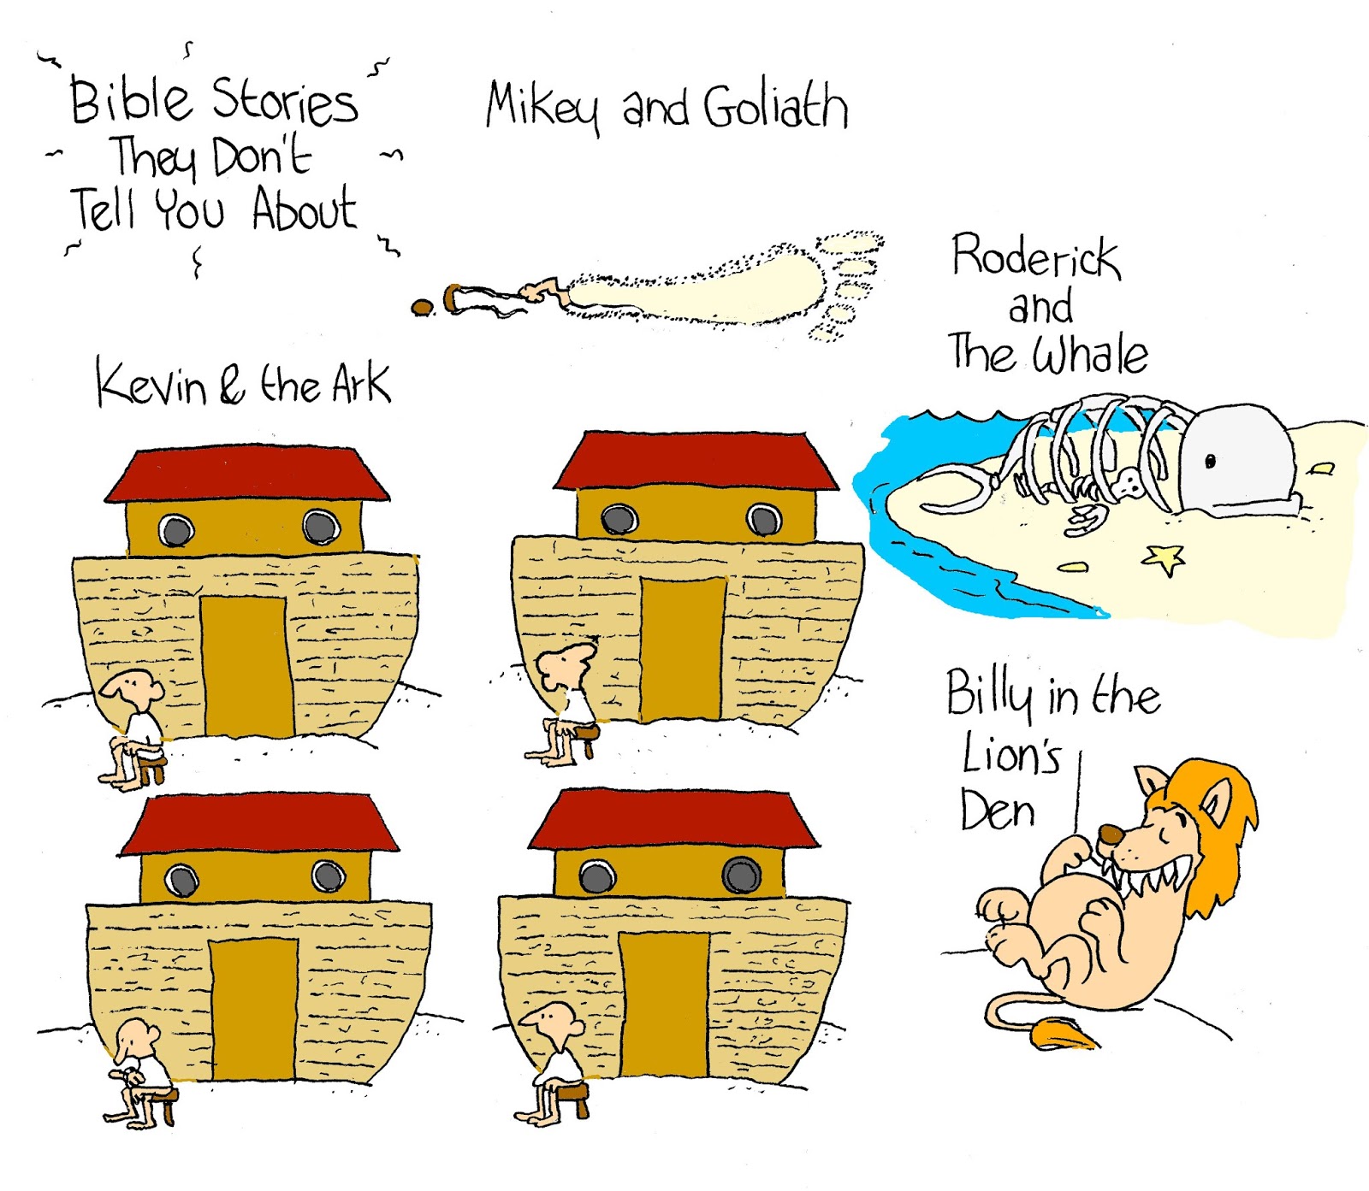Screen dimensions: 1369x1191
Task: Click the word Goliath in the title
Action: click(775, 108)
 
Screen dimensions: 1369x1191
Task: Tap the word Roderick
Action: click(1035, 256)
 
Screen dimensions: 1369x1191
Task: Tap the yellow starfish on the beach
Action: click(1165, 559)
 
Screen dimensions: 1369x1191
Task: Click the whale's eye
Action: click(1210, 462)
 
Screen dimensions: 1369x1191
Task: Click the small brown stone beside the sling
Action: click(421, 307)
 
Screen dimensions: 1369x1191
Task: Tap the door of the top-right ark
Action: click(683, 648)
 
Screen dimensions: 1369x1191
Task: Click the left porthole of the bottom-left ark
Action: click(181, 879)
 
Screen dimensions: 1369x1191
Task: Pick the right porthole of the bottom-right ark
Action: click(741, 875)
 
